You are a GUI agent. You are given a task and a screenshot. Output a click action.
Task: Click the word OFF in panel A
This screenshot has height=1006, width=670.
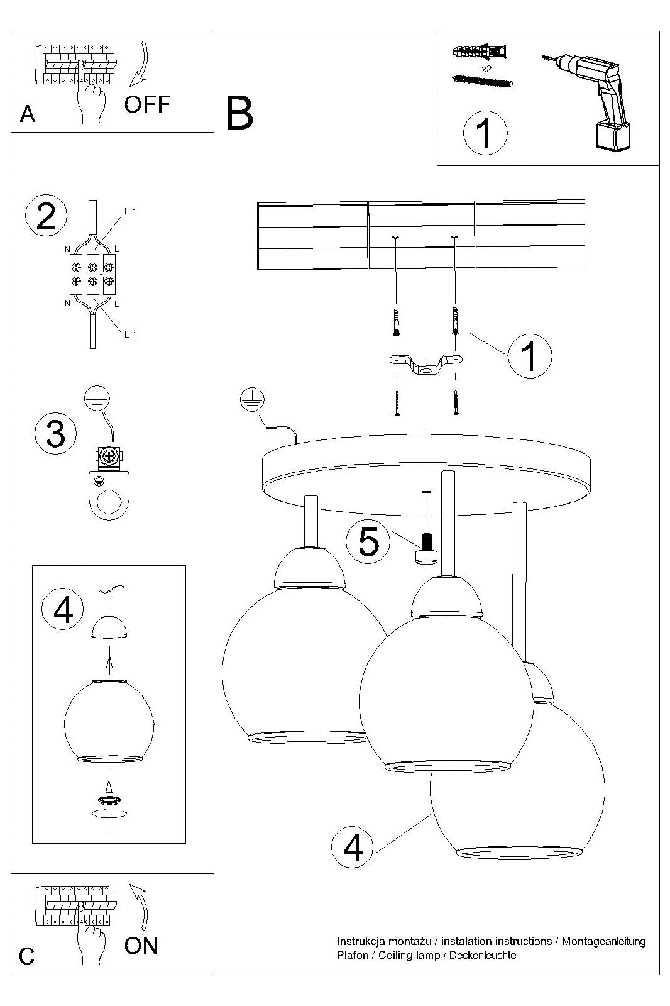click(147, 104)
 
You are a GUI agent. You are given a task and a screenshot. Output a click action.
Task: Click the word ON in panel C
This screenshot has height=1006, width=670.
click(141, 945)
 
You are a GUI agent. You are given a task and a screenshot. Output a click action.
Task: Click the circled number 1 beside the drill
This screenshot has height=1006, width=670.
click(485, 133)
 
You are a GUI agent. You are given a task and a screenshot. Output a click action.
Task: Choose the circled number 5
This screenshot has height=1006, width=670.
click(369, 541)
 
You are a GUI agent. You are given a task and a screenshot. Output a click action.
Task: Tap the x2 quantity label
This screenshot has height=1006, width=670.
click(486, 69)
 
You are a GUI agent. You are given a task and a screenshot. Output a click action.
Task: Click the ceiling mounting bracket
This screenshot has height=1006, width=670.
click(426, 365)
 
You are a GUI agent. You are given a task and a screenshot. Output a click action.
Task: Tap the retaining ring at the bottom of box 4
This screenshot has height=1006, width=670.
click(109, 800)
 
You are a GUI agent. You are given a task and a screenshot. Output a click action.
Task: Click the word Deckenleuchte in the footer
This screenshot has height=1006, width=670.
click(485, 955)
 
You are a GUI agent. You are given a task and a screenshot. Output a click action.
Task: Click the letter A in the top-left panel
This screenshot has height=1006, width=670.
click(28, 114)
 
